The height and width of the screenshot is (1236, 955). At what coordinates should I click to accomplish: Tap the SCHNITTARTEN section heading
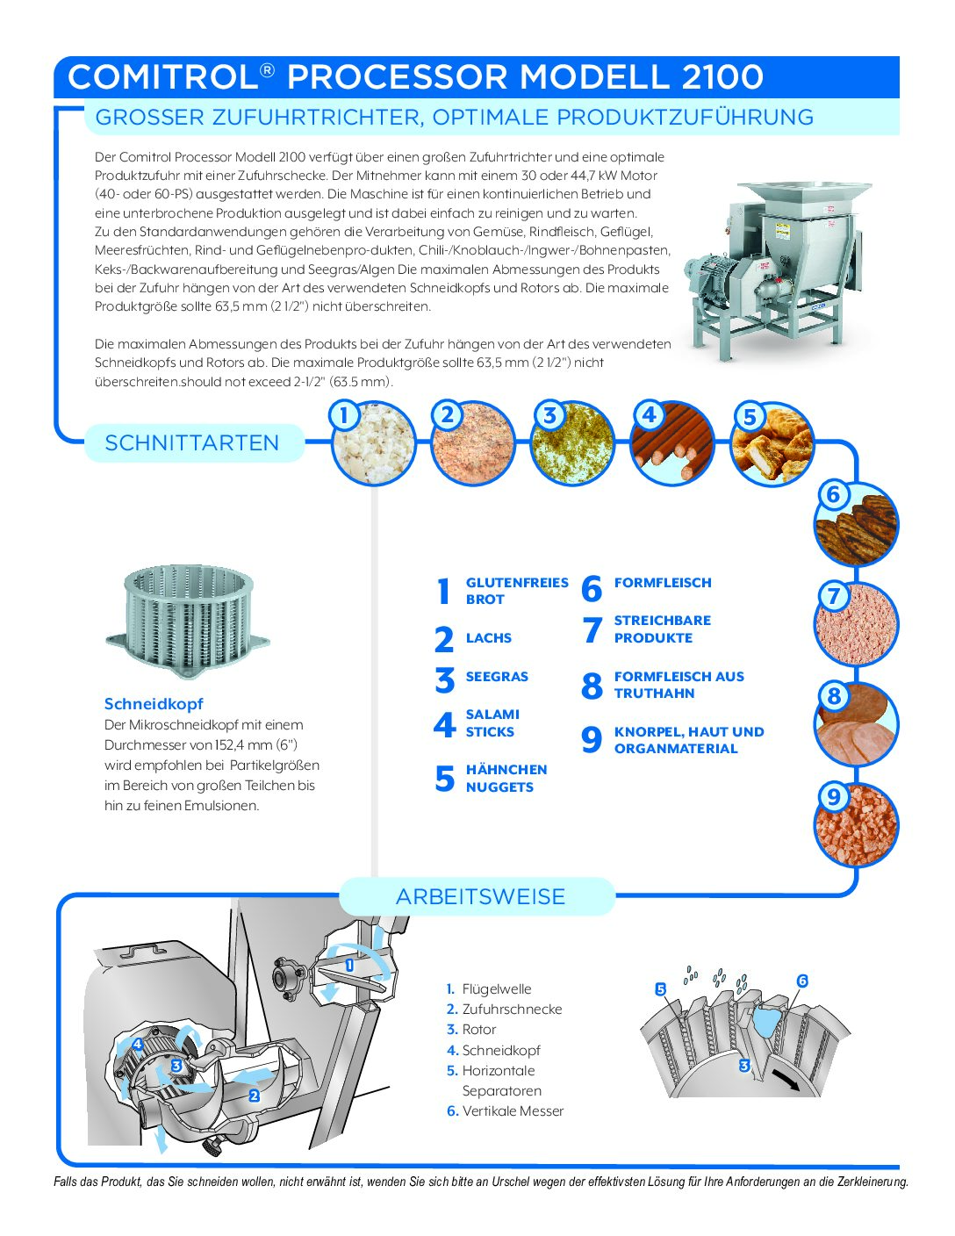pyautogui.click(x=191, y=443)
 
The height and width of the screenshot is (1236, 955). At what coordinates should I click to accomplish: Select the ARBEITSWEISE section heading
pyautogui.click(x=480, y=896)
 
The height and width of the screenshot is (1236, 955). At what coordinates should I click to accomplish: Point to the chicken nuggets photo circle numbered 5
pyautogui.click(x=772, y=443)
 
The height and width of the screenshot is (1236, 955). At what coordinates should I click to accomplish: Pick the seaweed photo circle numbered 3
pyautogui.click(x=572, y=443)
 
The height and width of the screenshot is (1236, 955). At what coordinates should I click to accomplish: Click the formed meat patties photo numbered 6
pyautogui.click(x=856, y=524)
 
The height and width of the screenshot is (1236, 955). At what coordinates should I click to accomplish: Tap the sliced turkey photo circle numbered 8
pyautogui.click(x=856, y=724)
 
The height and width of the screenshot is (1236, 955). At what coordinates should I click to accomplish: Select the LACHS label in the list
pyautogui.click(x=488, y=638)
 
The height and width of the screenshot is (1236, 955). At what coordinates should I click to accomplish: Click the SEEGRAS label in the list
pyautogui.click(x=497, y=677)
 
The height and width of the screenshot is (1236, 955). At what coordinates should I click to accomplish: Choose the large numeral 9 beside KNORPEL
pyautogui.click(x=592, y=740)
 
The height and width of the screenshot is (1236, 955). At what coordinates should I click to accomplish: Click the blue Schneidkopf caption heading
pyautogui.click(x=154, y=704)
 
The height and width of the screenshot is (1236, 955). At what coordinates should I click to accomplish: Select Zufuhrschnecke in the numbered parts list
pyautogui.click(x=512, y=1010)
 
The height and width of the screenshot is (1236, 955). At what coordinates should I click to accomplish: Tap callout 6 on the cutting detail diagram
pyautogui.click(x=801, y=981)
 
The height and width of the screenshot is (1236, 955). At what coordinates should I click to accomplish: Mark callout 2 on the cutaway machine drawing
pyautogui.click(x=254, y=1096)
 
